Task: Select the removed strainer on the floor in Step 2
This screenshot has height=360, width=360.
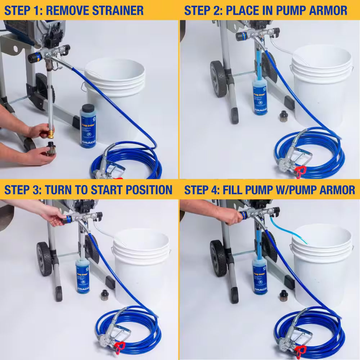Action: click(x=284, y=116)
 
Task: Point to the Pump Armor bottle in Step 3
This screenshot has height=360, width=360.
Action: click(x=82, y=275)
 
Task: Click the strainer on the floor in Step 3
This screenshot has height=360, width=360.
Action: click(x=104, y=294)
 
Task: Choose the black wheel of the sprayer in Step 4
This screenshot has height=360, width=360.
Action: click(x=217, y=258)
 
